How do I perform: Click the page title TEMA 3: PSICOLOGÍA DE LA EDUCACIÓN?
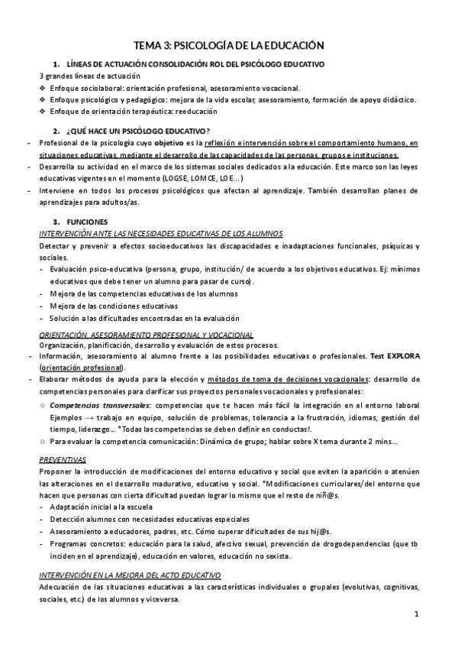229,45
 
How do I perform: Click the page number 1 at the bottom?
417,614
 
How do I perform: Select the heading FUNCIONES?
86,222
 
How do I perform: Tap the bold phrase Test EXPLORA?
395,356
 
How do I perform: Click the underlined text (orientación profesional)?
82,368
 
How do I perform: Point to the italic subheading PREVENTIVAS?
63,460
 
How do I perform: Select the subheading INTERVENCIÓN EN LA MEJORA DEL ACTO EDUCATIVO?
130,575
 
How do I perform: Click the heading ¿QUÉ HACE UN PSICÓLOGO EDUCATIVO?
138,131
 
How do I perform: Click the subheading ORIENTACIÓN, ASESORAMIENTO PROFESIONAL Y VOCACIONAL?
146,335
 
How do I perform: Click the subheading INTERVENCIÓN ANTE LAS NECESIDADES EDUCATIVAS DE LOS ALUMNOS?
153,234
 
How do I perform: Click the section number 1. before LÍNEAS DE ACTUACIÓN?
56,64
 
